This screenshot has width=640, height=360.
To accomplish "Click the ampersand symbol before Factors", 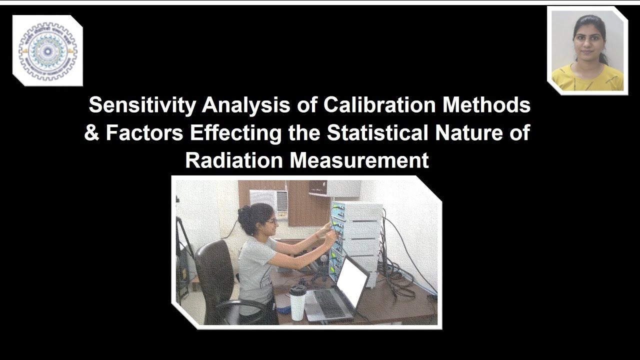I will click(91, 133).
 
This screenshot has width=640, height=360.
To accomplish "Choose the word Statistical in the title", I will click(378, 133).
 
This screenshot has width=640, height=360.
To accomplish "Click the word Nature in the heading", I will click(472, 133).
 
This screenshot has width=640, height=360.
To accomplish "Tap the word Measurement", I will click(359, 161).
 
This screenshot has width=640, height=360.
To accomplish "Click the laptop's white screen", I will click(351, 280).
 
